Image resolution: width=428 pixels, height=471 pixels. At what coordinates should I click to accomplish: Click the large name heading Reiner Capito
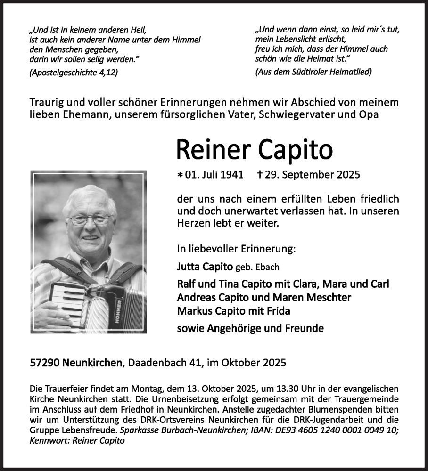tap(254, 150)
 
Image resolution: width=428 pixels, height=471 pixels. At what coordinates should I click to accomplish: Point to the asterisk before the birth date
tap(180, 175)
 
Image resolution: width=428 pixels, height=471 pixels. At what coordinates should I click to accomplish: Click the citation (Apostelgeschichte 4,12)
tap(73, 72)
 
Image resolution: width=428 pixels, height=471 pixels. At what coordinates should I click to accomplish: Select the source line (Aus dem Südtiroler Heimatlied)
tap(313, 72)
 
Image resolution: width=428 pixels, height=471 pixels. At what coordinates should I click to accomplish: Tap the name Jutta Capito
tap(206, 267)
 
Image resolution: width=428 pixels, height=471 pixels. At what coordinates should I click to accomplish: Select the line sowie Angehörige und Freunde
tap(250, 328)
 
